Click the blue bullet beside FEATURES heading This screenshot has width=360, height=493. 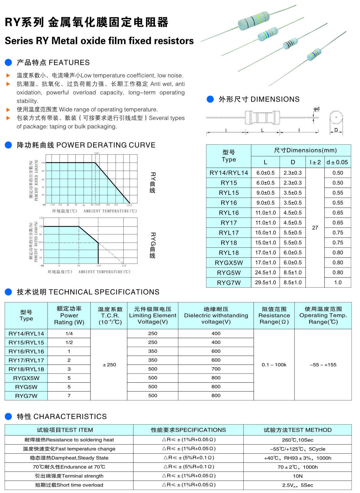(x=8, y=63)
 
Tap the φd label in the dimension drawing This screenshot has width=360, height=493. (x=316, y=109)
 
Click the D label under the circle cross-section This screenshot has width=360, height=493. (x=336, y=130)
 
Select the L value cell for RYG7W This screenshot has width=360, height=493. (x=265, y=282)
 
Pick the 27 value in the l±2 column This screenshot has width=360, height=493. (x=315, y=228)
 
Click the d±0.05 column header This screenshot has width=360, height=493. (x=337, y=162)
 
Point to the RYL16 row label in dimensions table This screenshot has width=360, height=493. (x=229, y=213)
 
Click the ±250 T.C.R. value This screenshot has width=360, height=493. (x=109, y=365)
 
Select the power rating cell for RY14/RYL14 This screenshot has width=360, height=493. (x=69, y=334)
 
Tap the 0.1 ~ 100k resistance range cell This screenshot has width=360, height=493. (x=274, y=365)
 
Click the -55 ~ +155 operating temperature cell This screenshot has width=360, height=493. (x=323, y=365)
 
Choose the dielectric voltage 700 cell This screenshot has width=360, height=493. (x=216, y=369)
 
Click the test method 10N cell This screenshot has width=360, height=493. (x=298, y=476)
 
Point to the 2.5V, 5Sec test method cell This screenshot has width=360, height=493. (x=298, y=485)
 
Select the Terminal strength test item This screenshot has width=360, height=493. (x=69, y=476)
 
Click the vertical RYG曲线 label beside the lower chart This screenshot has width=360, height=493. (x=153, y=245)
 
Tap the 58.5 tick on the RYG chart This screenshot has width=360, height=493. (x=41, y=242)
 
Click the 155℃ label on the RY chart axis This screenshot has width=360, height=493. (x=129, y=205)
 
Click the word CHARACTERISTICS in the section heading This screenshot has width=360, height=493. (x=70, y=416)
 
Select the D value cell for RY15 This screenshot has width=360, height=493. (x=292, y=183)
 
